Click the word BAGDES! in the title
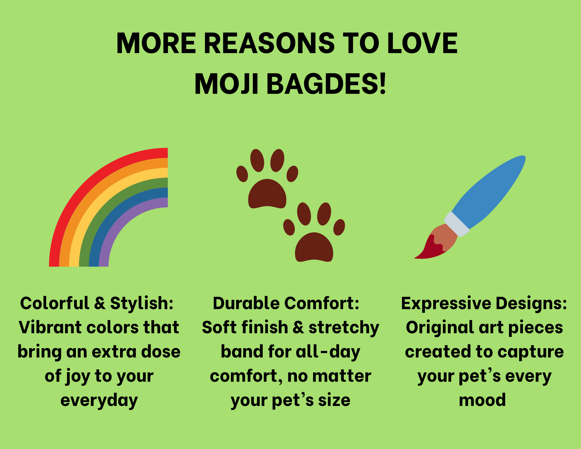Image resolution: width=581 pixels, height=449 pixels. [x=326, y=84]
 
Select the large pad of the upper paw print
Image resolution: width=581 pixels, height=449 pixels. [x=267, y=194]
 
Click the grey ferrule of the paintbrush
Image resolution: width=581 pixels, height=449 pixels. [x=456, y=224]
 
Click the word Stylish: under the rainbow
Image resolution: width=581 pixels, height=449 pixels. [x=142, y=304]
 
